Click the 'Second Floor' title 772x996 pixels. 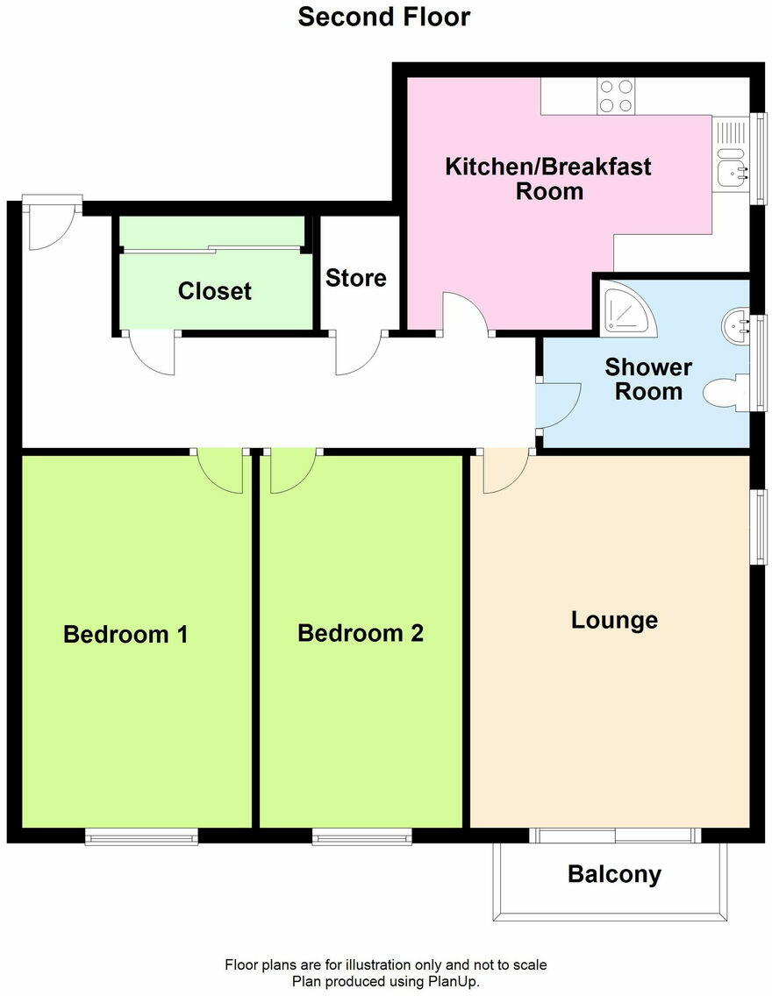(384, 17)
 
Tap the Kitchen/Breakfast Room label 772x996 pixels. (548, 178)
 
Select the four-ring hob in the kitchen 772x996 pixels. (616, 96)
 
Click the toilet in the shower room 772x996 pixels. (727, 392)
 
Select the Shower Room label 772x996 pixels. (648, 379)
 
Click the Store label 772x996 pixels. (355, 278)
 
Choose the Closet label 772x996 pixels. (214, 291)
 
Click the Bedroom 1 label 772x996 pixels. (125, 634)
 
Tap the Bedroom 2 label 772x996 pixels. (360, 633)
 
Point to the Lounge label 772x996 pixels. (614, 621)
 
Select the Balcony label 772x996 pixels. (614, 874)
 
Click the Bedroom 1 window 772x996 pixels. (141, 838)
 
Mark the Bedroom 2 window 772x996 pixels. (361, 838)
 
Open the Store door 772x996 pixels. (358, 352)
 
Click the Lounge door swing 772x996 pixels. (504, 470)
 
